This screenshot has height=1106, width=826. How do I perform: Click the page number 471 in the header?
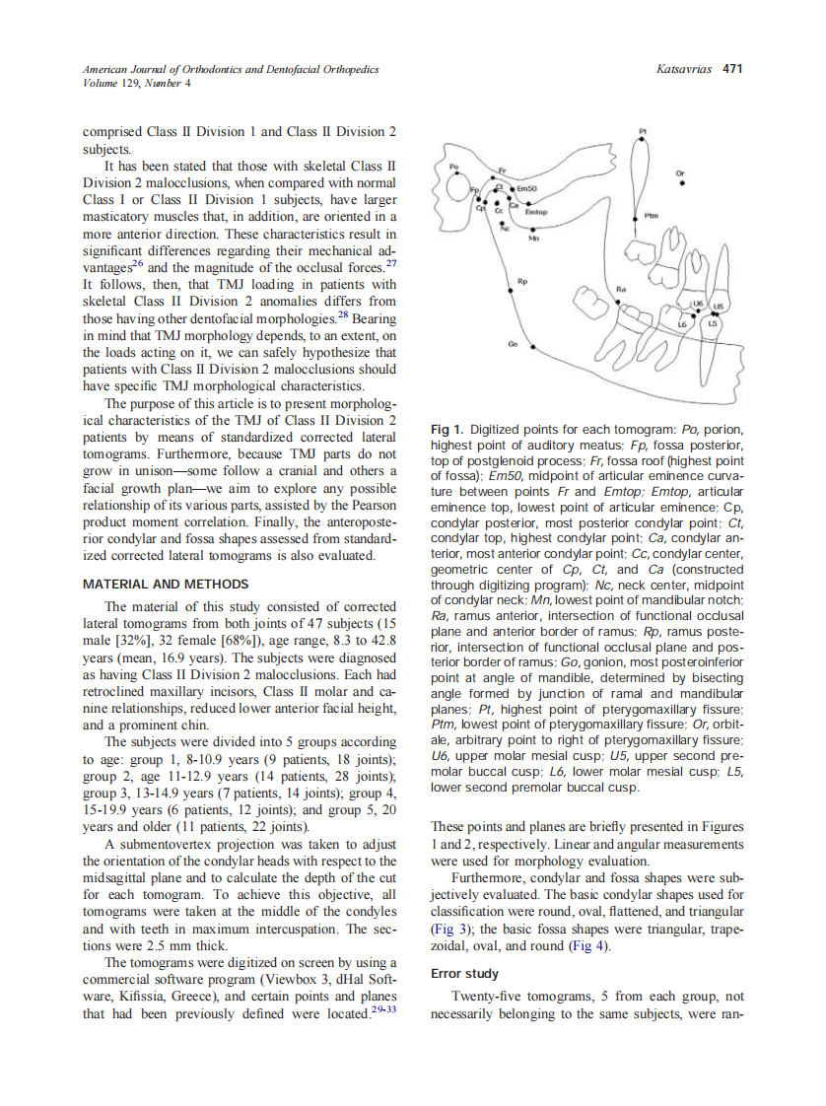(732, 69)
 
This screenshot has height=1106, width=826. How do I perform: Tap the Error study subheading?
(465, 973)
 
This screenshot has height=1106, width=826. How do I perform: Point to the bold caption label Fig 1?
(447, 430)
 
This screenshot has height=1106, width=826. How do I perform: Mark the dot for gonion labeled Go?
(533, 348)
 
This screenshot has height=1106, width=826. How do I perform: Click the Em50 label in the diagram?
(527, 188)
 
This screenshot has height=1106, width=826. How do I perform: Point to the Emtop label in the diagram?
(535, 211)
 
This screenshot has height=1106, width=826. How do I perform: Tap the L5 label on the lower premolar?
(713, 322)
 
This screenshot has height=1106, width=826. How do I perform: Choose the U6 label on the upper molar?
(698, 304)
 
